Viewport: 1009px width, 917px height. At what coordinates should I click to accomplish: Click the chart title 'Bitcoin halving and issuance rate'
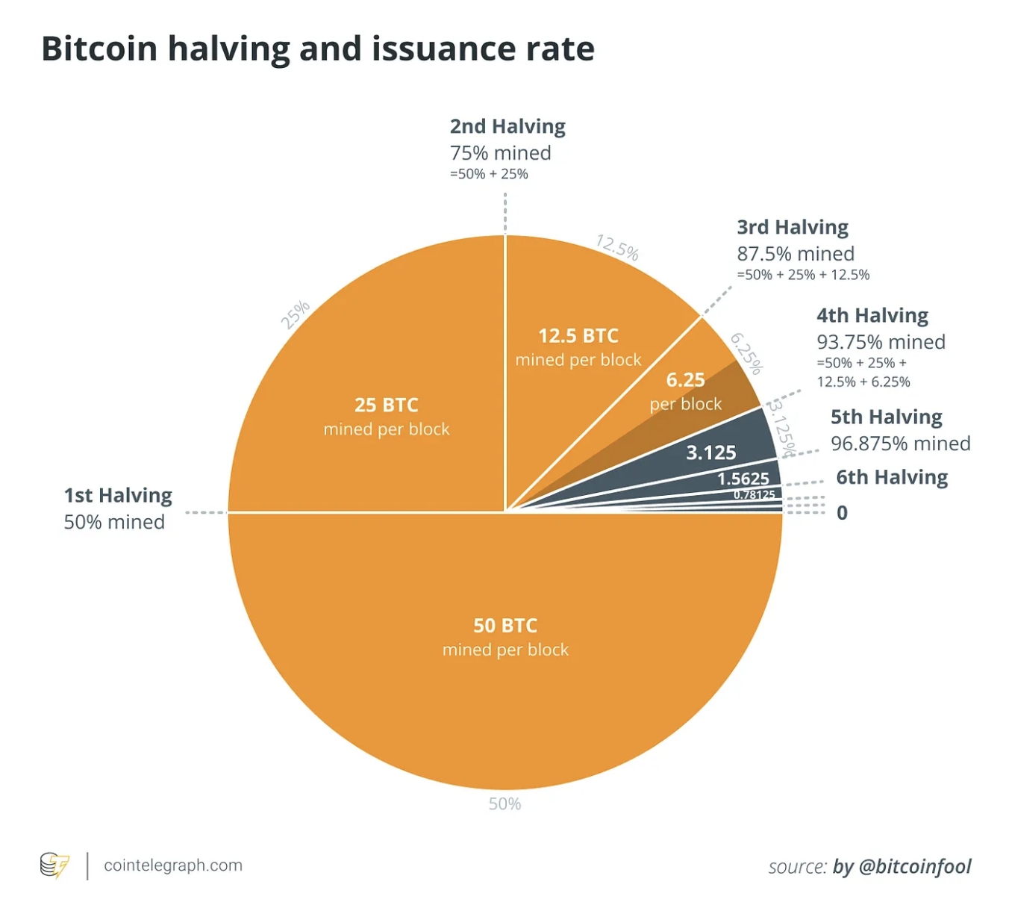coord(318,49)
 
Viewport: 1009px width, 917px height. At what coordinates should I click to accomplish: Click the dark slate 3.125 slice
coord(711,453)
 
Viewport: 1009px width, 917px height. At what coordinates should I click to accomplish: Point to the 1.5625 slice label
coord(743,479)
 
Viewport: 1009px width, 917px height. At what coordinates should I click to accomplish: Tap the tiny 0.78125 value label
coord(754,494)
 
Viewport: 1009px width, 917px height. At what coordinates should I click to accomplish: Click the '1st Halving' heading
coord(118,496)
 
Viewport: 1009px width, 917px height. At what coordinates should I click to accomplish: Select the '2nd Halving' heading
coord(507,126)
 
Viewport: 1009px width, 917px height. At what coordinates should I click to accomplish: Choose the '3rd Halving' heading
coord(793,227)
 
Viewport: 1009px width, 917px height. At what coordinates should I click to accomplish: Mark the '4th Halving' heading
coord(872,315)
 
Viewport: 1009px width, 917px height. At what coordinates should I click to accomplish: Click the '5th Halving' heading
coord(887,417)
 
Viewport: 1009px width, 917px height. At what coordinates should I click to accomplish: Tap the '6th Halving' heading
coord(892,477)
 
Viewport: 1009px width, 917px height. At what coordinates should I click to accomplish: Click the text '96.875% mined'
coord(901,444)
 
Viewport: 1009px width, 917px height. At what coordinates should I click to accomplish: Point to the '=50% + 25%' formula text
coord(489,174)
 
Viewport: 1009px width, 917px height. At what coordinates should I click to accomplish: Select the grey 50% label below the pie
coord(504,804)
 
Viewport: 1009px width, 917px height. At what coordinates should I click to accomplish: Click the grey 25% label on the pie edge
coord(295,314)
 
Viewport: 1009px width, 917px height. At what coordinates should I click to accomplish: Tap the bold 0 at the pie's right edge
coord(842,513)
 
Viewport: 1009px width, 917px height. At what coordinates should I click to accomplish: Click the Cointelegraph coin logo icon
coord(54,865)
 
